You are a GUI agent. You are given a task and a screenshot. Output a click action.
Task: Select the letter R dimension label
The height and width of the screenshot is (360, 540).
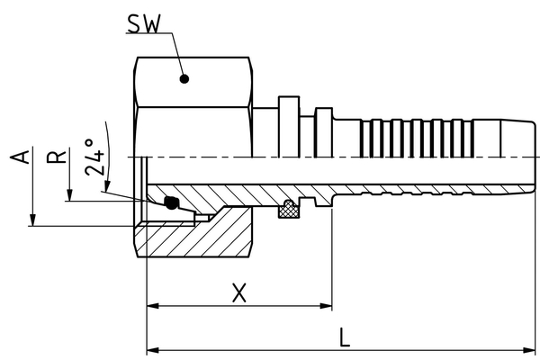click(x=58, y=157)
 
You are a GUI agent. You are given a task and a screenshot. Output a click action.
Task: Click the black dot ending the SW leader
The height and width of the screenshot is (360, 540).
click(x=184, y=78)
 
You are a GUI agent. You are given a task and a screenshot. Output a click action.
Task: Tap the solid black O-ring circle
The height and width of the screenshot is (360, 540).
click(x=171, y=204)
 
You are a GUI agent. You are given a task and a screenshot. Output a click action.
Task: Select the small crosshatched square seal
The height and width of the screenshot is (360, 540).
click(x=291, y=210)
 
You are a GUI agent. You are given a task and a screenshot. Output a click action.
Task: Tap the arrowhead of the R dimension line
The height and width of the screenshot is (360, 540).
click(x=69, y=195)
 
